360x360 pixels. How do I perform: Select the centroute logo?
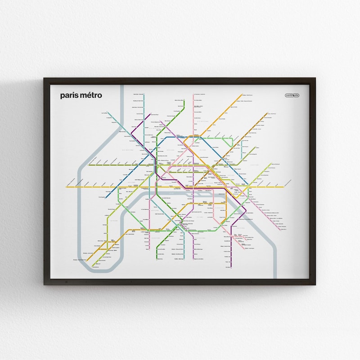[292, 95]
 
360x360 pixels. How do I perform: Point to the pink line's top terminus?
[193, 95]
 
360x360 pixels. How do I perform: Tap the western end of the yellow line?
[67, 186]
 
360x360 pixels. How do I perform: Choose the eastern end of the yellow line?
[283, 186]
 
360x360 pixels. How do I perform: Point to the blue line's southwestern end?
[106, 197]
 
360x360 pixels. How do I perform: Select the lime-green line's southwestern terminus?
[94, 267]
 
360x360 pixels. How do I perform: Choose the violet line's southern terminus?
[193, 259]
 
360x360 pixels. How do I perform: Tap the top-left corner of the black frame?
[44, 79]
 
